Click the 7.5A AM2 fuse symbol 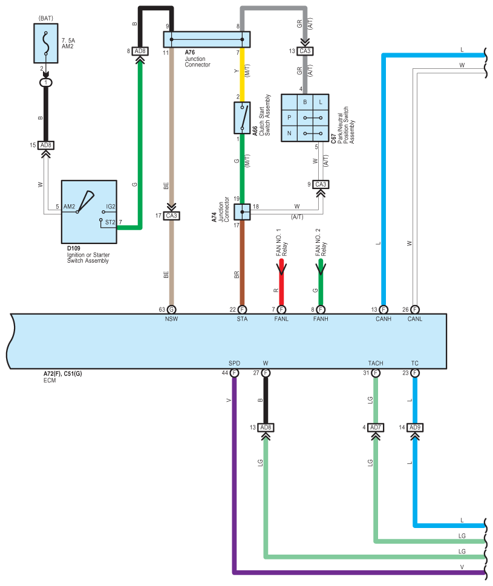click(45, 43)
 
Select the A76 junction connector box click(207, 39)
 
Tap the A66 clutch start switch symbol click(242, 118)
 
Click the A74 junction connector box click(242, 212)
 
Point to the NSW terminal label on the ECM click(171, 319)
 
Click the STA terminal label click(242, 319)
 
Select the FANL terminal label click(281, 319)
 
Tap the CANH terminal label click(384, 319)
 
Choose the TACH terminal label click(376, 363)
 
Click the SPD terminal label click(234, 363)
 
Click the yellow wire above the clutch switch click(242, 74)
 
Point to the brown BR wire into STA click(242, 263)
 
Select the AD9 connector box click(415, 427)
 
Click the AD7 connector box click(376, 427)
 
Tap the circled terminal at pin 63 click(171, 309)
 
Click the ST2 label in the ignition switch click(110, 222)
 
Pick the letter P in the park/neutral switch click(289, 118)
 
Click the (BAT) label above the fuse click(45, 18)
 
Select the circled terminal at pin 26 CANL click(415, 309)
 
